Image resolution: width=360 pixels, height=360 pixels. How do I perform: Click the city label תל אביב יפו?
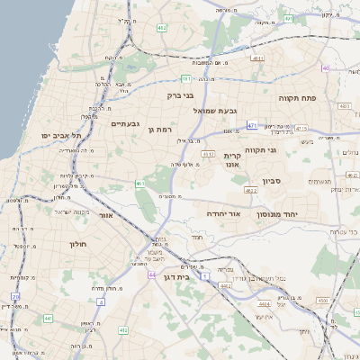coord(60,136)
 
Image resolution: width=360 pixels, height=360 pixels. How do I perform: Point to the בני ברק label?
coord(181,94)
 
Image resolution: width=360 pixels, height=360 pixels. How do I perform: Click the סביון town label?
coord(272,181)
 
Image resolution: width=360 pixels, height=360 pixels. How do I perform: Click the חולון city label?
coord(77,244)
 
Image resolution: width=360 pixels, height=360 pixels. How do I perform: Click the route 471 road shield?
coord(252,125)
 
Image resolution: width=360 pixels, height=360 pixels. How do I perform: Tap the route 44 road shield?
coord(153,275)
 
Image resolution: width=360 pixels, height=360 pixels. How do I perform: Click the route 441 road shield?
coord(47,319)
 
